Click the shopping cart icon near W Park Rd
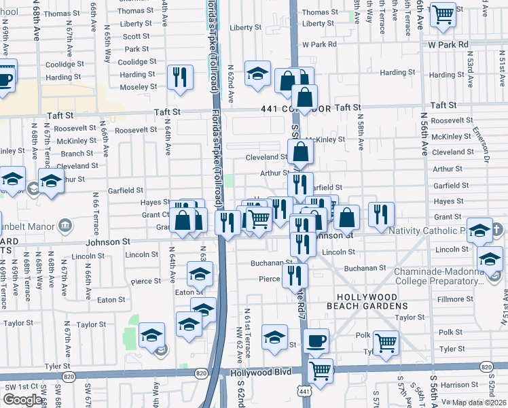click(x=443, y=14)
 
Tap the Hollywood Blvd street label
click(x=260, y=372)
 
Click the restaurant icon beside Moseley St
click(x=180, y=76)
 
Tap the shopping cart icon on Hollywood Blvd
click(x=320, y=371)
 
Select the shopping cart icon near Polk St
click(x=386, y=342)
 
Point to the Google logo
click(x=22, y=400)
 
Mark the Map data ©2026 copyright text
click(x=479, y=403)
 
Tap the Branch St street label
click(x=73, y=154)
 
